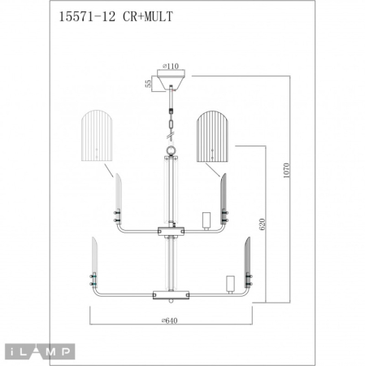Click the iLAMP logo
[x=38, y=351]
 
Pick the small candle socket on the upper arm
[x=206, y=220]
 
